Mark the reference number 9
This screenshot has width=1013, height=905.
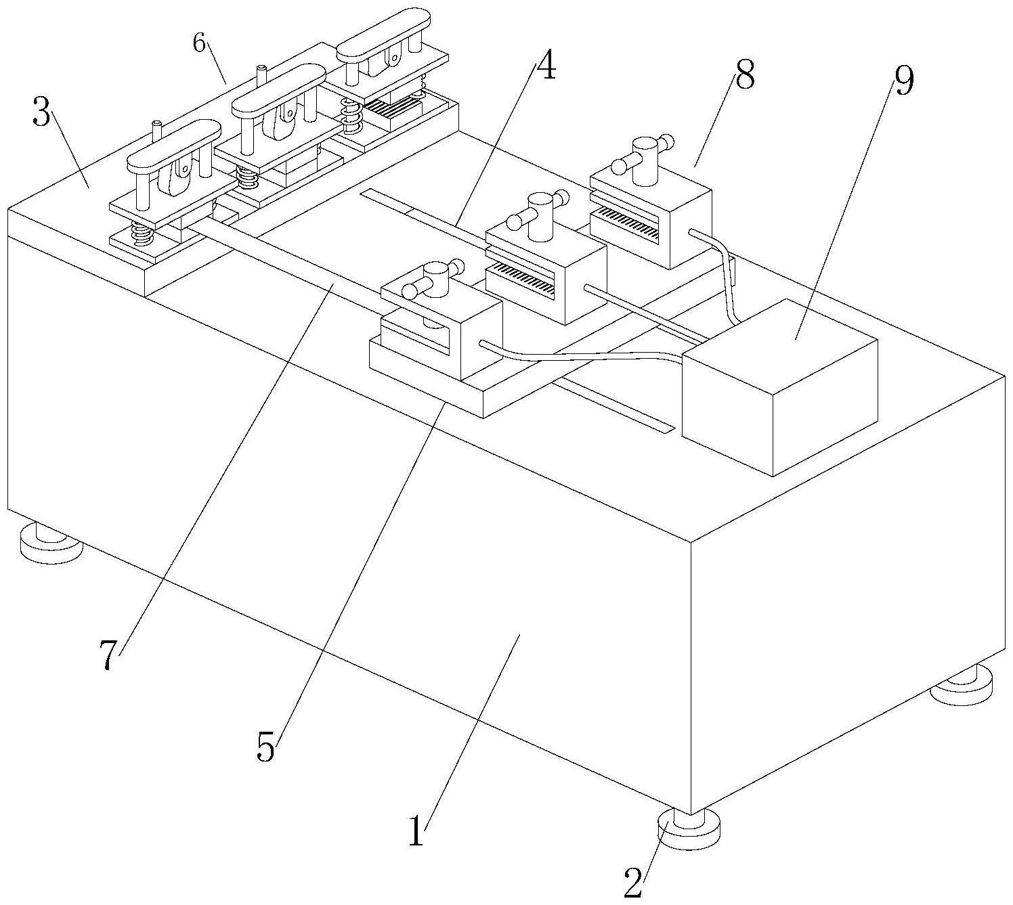pyautogui.click(x=903, y=81)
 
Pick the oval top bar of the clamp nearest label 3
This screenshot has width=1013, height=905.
pyautogui.click(x=174, y=145)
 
